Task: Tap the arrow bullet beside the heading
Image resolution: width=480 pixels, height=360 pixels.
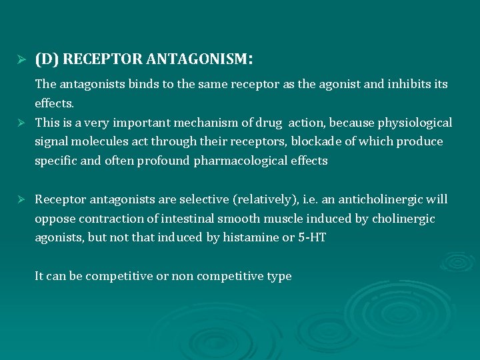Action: [x=21, y=60]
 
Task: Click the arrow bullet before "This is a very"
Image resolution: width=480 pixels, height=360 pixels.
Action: [x=21, y=123]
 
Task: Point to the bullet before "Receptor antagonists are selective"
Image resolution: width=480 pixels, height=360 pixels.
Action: [x=21, y=199]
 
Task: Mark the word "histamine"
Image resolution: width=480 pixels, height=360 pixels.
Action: [x=251, y=237]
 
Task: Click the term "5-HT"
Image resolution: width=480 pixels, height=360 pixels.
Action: [x=311, y=237]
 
